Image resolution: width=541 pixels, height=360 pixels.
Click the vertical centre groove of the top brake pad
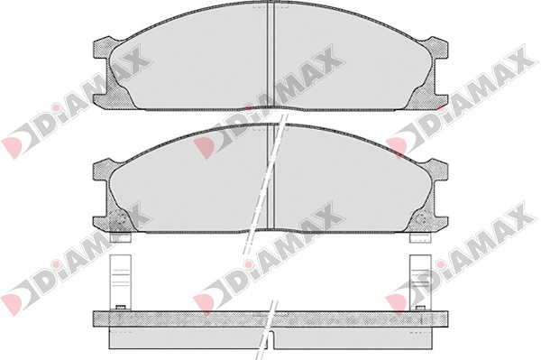270,57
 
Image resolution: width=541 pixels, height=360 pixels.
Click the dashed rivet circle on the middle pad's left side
120,219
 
